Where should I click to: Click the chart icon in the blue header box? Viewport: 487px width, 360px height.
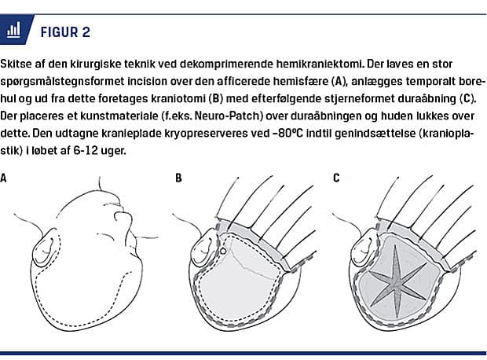13,31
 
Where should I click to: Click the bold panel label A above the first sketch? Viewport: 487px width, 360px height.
5,178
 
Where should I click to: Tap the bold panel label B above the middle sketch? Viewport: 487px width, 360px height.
178,178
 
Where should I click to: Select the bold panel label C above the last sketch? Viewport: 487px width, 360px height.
336,178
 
